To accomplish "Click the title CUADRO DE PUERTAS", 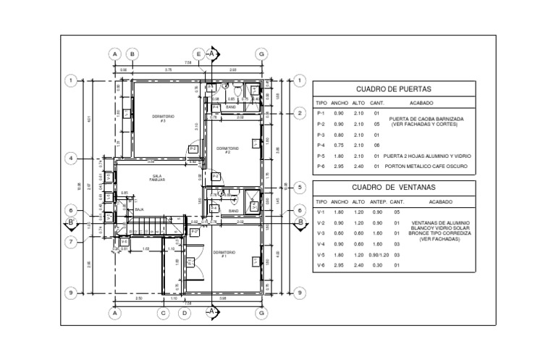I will point(393,89).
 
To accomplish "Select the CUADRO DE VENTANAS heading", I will point(393,188).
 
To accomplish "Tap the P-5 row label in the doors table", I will point(321,156).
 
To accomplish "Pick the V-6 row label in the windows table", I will point(321,266).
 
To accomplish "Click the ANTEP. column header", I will point(378,202).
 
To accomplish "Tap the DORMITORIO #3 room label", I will point(163,118).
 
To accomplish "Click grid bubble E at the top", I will point(198,54).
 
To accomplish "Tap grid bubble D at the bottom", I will point(185,313).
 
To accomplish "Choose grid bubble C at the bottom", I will point(164,313).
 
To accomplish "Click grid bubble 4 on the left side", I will point(72,157).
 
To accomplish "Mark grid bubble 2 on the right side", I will point(299,113).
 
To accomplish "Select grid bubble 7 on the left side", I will point(72,241).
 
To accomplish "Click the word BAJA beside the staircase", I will point(140,209).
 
